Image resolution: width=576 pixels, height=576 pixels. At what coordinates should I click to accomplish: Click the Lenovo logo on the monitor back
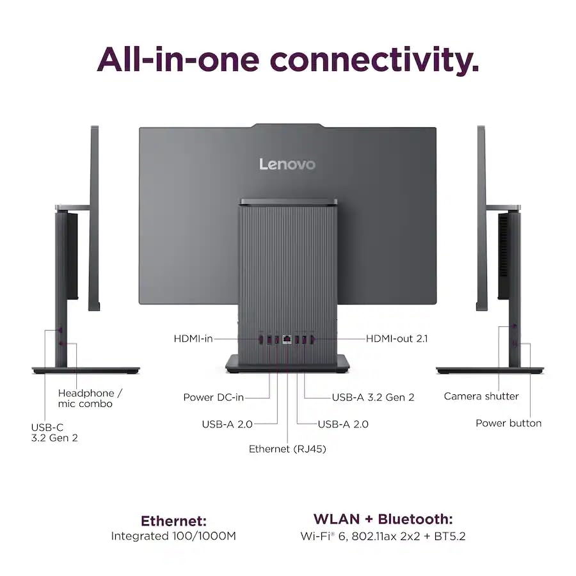pyautogui.click(x=287, y=164)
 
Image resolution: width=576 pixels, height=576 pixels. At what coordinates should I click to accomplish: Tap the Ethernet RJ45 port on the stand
pyautogui.click(x=287, y=339)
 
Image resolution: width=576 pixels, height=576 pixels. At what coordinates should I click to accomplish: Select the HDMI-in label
pyautogui.click(x=193, y=339)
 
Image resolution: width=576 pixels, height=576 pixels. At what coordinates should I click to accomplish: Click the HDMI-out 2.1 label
pyautogui.click(x=397, y=339)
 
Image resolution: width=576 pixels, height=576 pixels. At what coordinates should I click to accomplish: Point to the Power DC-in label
pyautogui.click(x=213, y=397)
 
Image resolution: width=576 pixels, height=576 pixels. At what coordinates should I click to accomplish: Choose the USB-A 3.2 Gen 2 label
pyautogui.click(x=373, y=397)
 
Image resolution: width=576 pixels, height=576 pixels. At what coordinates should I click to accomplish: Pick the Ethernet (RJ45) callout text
pyautogui.click(x=287, y=449)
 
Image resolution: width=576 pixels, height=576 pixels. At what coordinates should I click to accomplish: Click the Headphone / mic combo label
pyautogui.click(x=90, y=399)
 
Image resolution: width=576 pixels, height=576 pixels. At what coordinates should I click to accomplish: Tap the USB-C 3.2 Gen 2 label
pyautogui.click(x=54, y=433)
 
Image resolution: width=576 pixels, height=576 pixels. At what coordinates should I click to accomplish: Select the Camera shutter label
pyautogui.click(x=481, y=396)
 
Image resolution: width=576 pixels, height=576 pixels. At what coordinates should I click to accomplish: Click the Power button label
pyautogui.click(x=509, y=423)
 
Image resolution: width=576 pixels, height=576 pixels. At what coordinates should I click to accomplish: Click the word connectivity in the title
pyautogui.click(x=374, y=60)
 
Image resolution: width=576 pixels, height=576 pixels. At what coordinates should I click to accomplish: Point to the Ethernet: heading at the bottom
pyautogui.click(x=173, y=521)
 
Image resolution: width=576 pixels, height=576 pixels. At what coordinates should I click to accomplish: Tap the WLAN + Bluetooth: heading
pyautogui.click(x=383, y=519)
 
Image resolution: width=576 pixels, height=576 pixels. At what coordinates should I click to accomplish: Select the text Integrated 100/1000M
pyautogui.click(x=173, y=536)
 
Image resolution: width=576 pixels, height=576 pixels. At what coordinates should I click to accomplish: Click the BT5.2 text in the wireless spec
pyautogui.click(x=450, y=536)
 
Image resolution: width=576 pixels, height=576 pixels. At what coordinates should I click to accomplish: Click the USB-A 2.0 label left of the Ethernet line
pyautogui.click(x=227, y=424)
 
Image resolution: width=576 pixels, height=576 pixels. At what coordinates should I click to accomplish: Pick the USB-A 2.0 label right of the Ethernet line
pyautogui.click(x=343, y=424)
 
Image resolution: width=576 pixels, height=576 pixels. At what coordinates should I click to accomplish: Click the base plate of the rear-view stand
pyautogui.click(x=287, y=364)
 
